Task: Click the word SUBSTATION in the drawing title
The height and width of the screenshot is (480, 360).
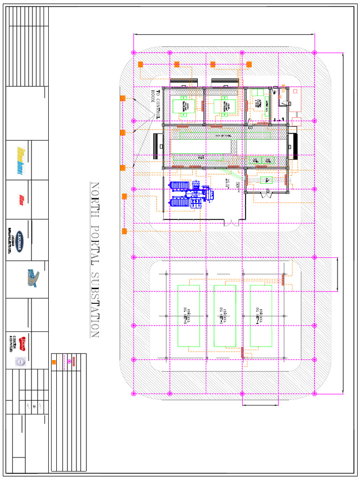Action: [95, 304]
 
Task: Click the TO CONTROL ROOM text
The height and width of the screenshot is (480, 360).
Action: [155, 103]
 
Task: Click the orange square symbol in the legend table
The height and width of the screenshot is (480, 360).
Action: [54, 362]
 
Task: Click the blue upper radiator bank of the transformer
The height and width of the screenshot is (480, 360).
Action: [180, 187]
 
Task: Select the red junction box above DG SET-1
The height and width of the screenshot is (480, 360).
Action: [283, 279]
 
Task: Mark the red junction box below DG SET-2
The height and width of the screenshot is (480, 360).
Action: [243, 352]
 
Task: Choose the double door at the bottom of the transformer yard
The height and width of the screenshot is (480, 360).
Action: [232, 222]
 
